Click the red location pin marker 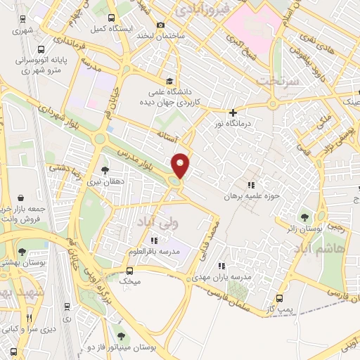(x=181, y=165)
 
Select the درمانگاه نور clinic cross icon (x=233, y=112)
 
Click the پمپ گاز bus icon (x=280, y=298)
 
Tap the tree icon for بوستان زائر (x=304, y=217)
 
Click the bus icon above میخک (x=129, y=270)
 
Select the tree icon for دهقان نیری (x=105, y=169)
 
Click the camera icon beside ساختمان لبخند (x=160, y=25)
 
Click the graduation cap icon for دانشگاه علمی (x=169, y=81)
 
